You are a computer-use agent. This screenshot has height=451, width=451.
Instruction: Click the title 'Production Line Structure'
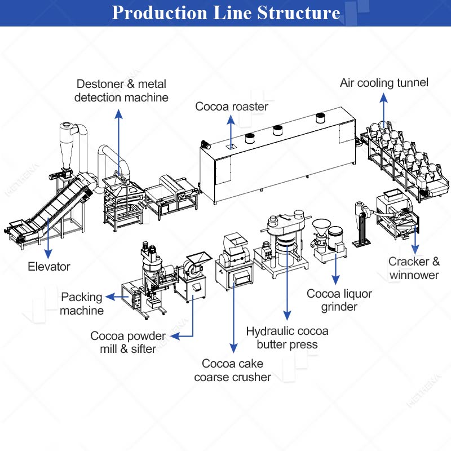pos(225,12)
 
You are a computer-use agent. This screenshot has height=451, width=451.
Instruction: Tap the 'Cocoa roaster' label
pos(232,106)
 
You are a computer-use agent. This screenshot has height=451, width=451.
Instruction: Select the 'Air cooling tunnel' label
pos(384,83)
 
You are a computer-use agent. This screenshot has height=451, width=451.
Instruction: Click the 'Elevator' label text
pos(49,266)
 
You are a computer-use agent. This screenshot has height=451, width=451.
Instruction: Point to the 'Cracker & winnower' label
pos(414,268)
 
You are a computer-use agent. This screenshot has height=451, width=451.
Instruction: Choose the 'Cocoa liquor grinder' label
pos(339,300)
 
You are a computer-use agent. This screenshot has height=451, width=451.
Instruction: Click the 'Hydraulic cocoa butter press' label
pos(287,338)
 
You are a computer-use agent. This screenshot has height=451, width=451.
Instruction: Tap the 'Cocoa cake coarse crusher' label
pos(233,370)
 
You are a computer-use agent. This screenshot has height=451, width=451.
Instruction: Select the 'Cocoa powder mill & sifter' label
pos(128,342)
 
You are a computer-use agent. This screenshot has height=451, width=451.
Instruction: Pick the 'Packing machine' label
pos(82,303)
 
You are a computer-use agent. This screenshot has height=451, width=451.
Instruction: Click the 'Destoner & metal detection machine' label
pos(122,90)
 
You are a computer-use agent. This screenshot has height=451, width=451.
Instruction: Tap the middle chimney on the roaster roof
pos(277,131)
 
